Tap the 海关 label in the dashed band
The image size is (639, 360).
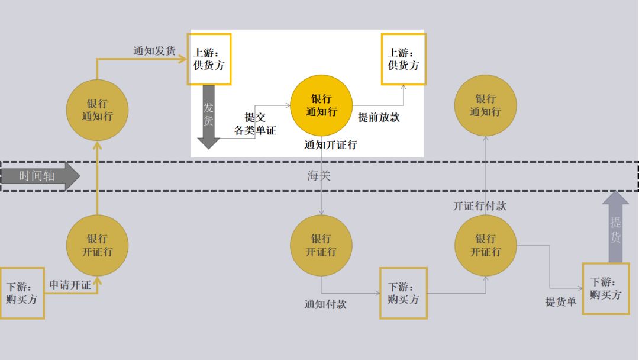(x=319, y=176)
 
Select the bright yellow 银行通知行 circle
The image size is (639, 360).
(x=321, y=105)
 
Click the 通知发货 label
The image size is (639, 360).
(x=154, y=51)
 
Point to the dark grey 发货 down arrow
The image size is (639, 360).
(x=208, y=115)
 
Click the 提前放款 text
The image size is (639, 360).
(x=379, y=117)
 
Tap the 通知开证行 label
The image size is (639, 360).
(x=330, y=144)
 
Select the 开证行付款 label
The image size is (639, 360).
(x=480, y=206)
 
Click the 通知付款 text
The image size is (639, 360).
(x=325, y=304)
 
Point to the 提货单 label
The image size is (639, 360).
(x=560, y=302)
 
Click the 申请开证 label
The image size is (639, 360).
(x=70, y=285)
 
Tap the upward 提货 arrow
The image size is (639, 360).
(x=615, y=228)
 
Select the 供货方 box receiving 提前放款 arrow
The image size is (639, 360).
(x=403, y=59)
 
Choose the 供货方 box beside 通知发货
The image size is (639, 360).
(x=209, y=59)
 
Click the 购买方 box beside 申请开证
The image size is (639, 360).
(x=22, y=293)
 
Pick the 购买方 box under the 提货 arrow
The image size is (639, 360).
(x=605, y=288)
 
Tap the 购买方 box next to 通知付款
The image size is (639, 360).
(x=403, y=293)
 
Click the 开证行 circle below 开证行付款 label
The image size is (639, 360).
(x=485, y=245)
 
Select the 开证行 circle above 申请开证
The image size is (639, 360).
(x=97, y=245)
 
